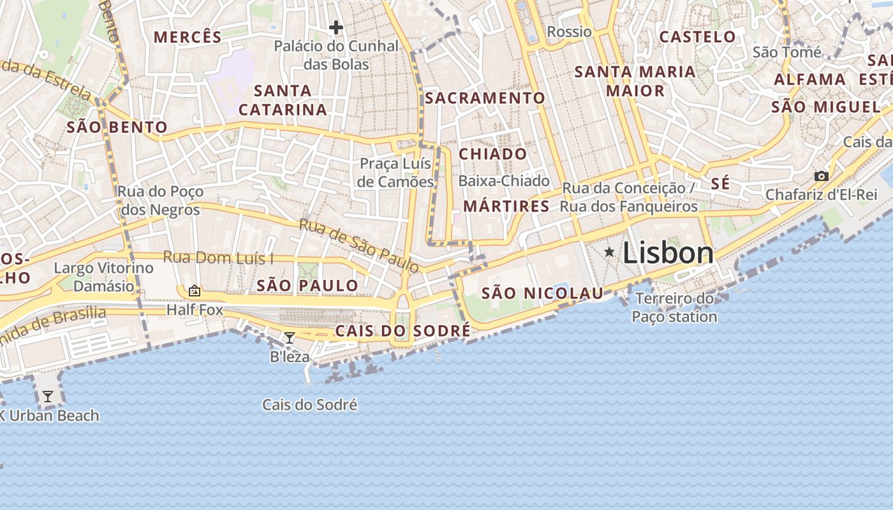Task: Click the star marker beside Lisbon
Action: point(609,252)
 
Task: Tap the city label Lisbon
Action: point(668,253)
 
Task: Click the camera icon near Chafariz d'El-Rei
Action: point(822,176)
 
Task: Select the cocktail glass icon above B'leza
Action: point(290,337)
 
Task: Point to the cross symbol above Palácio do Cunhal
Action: point(336,27)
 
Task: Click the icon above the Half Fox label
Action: point(195,291)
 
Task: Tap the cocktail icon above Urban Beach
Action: point(48,397)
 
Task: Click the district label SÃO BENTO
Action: point(117,127)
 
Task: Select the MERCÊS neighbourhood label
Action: point(188,37)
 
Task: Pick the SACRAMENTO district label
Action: point(485,98)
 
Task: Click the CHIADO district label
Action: point(493,154)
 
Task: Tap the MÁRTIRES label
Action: point(506,206)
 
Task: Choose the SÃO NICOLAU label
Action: point(542,293)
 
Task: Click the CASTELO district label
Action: point(697,36)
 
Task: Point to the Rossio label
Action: point(570,31)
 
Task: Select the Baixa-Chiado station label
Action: point(504,181)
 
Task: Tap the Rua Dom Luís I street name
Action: point(218,258)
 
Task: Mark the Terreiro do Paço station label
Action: point(675,307)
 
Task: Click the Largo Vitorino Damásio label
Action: point(103,277)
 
